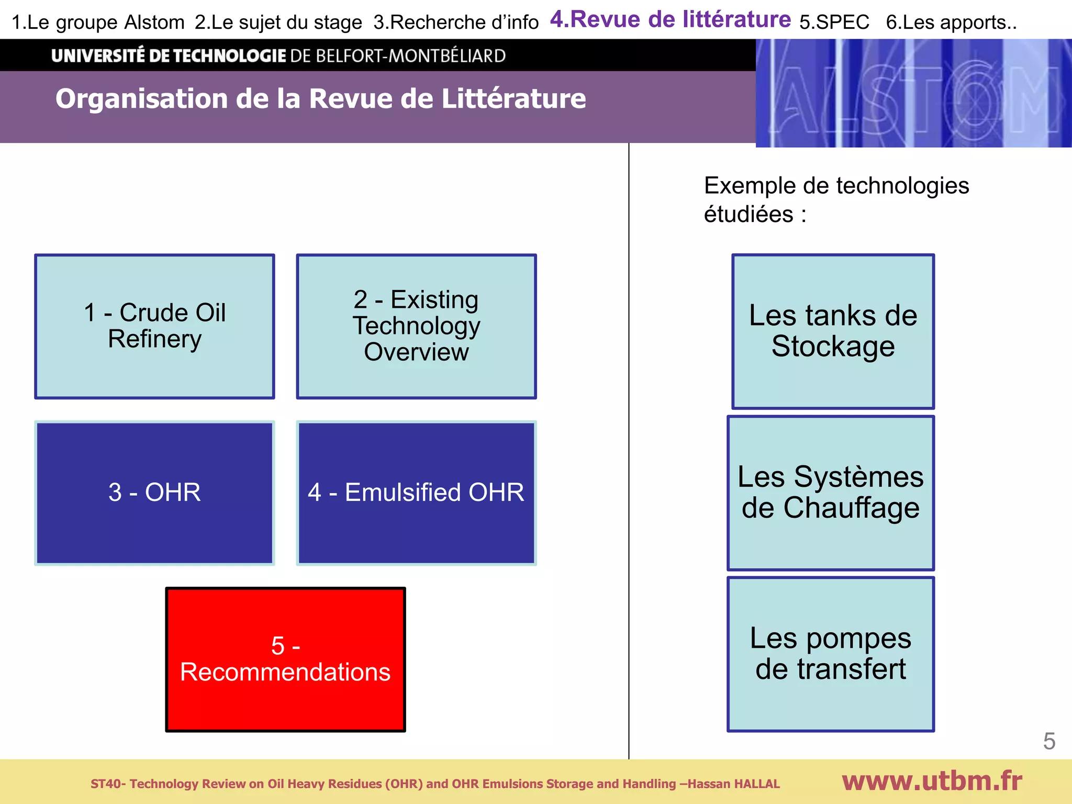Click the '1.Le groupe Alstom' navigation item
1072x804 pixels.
point(98,23)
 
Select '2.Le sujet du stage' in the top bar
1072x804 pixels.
point(278,23)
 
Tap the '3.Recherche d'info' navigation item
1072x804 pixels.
point(455,23)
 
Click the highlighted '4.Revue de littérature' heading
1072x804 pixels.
point(670,19)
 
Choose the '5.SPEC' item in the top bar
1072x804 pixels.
point(834,23)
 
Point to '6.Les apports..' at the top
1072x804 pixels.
point(951,23)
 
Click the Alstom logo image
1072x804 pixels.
point(913,93)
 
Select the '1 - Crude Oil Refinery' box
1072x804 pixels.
point(154,326)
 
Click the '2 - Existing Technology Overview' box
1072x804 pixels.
point(416,326)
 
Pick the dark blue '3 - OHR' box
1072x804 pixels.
point(154,493)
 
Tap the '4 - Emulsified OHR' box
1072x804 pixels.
point(416,493)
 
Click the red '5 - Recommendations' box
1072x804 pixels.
point(285,659)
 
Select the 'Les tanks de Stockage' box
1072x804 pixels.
point(833,331)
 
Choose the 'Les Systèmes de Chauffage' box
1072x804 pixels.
point(831,493)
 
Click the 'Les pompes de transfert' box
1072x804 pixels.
point(831,654)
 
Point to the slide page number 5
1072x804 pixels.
point(1049,741)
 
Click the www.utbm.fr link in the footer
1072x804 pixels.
point(932,781)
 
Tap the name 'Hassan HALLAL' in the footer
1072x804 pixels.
point(733,784)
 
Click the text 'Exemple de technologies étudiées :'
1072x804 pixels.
point(835,199)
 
